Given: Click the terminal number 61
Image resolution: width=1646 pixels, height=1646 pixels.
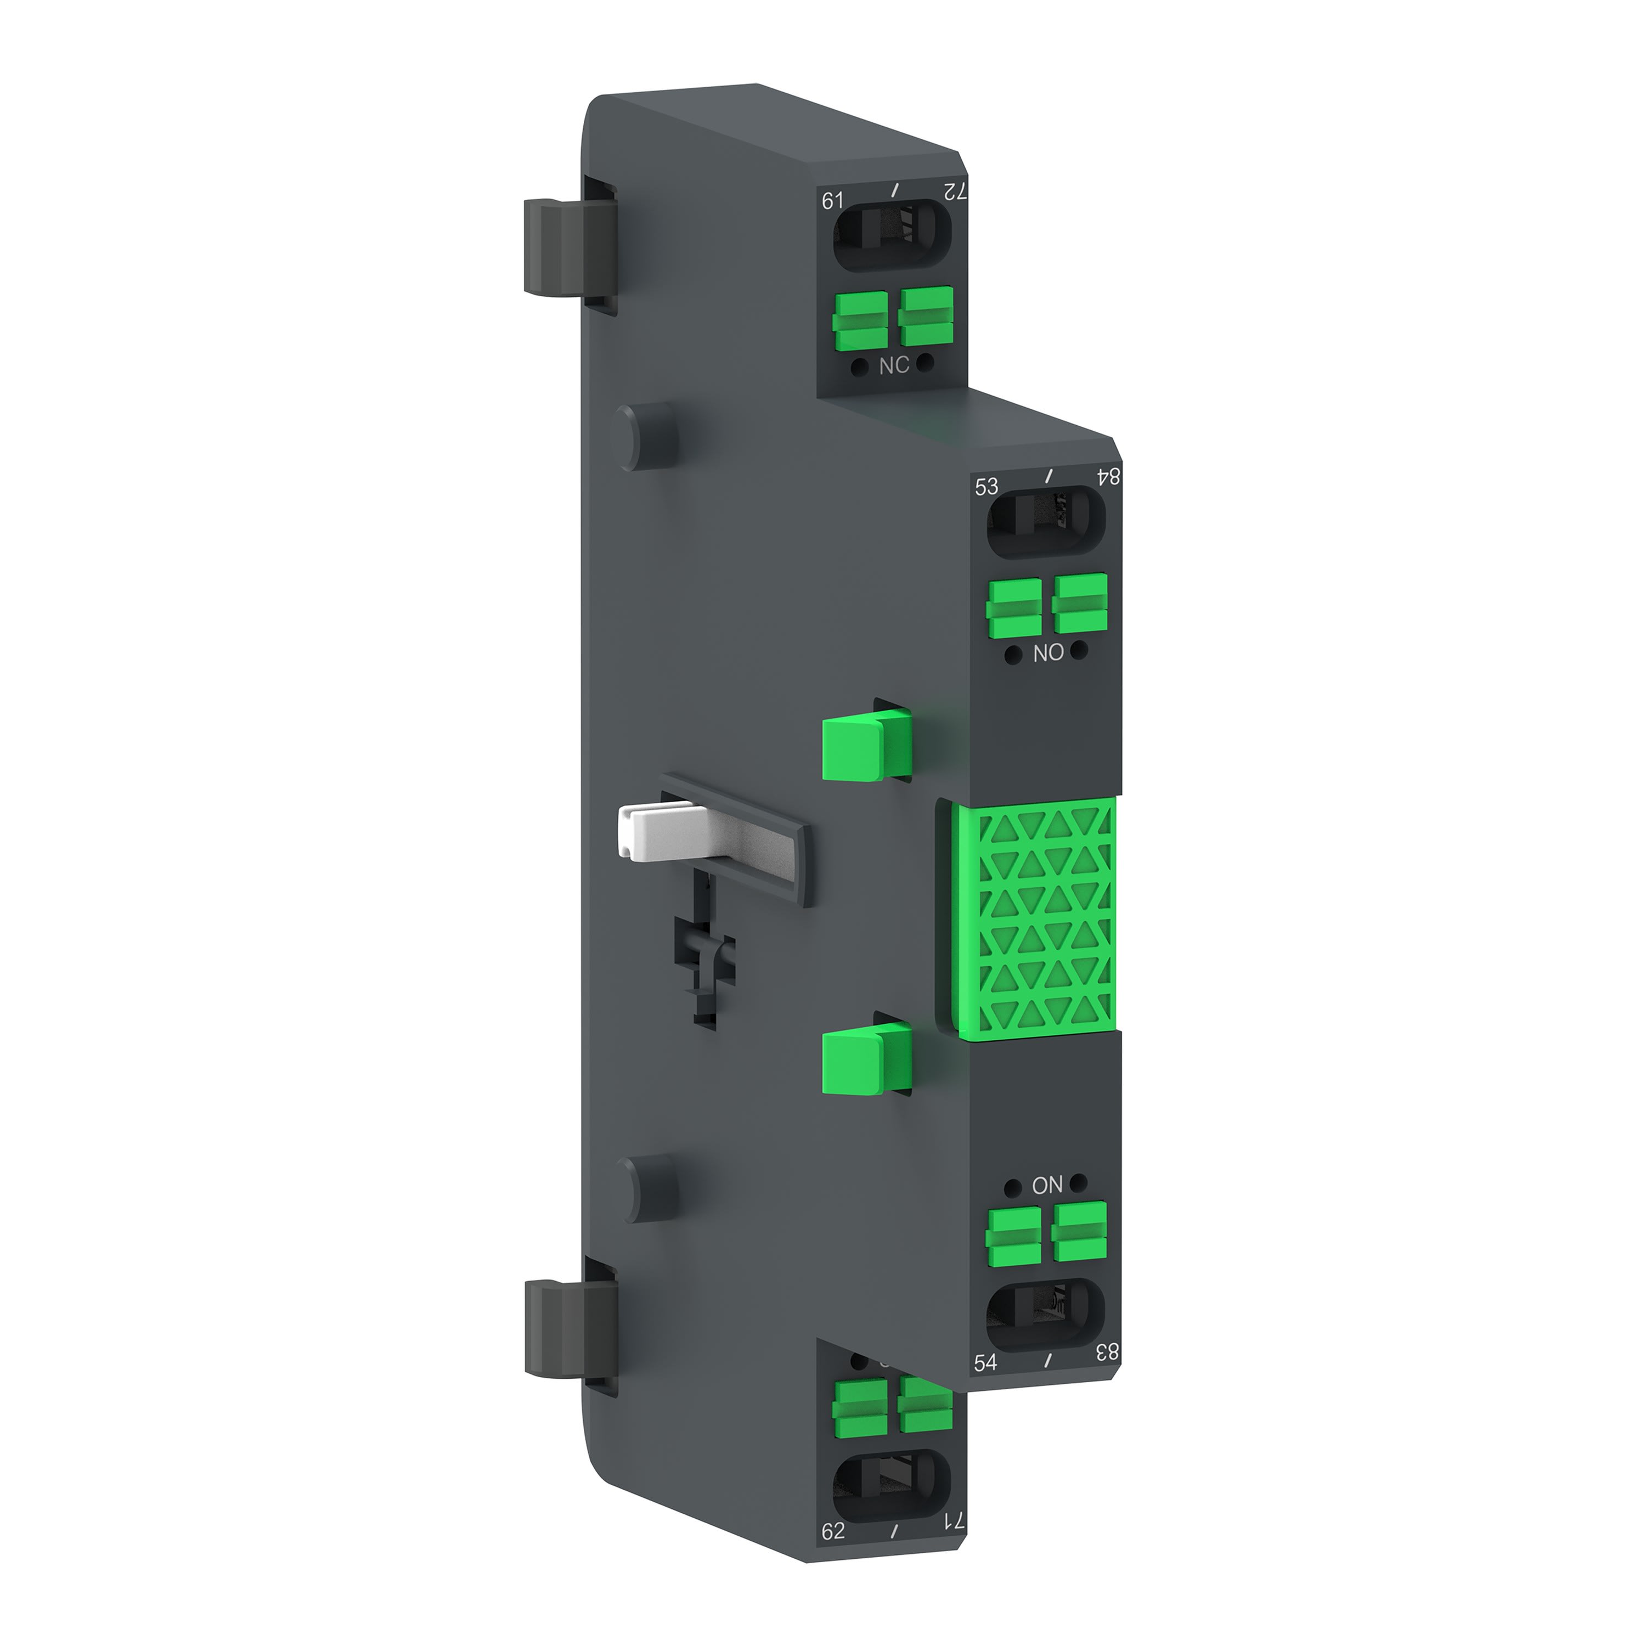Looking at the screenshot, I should pyautogui.click(x=832, y=201).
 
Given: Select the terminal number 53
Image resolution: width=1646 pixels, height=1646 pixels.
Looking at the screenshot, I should pyautogui.click(x=986, y=487).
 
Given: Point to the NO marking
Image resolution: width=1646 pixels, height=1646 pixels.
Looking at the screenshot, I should pyautogui.click(x=1048, y=653).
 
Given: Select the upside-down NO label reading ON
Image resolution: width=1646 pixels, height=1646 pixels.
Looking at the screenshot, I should pyautogui.click(x=1047, y=1185).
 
